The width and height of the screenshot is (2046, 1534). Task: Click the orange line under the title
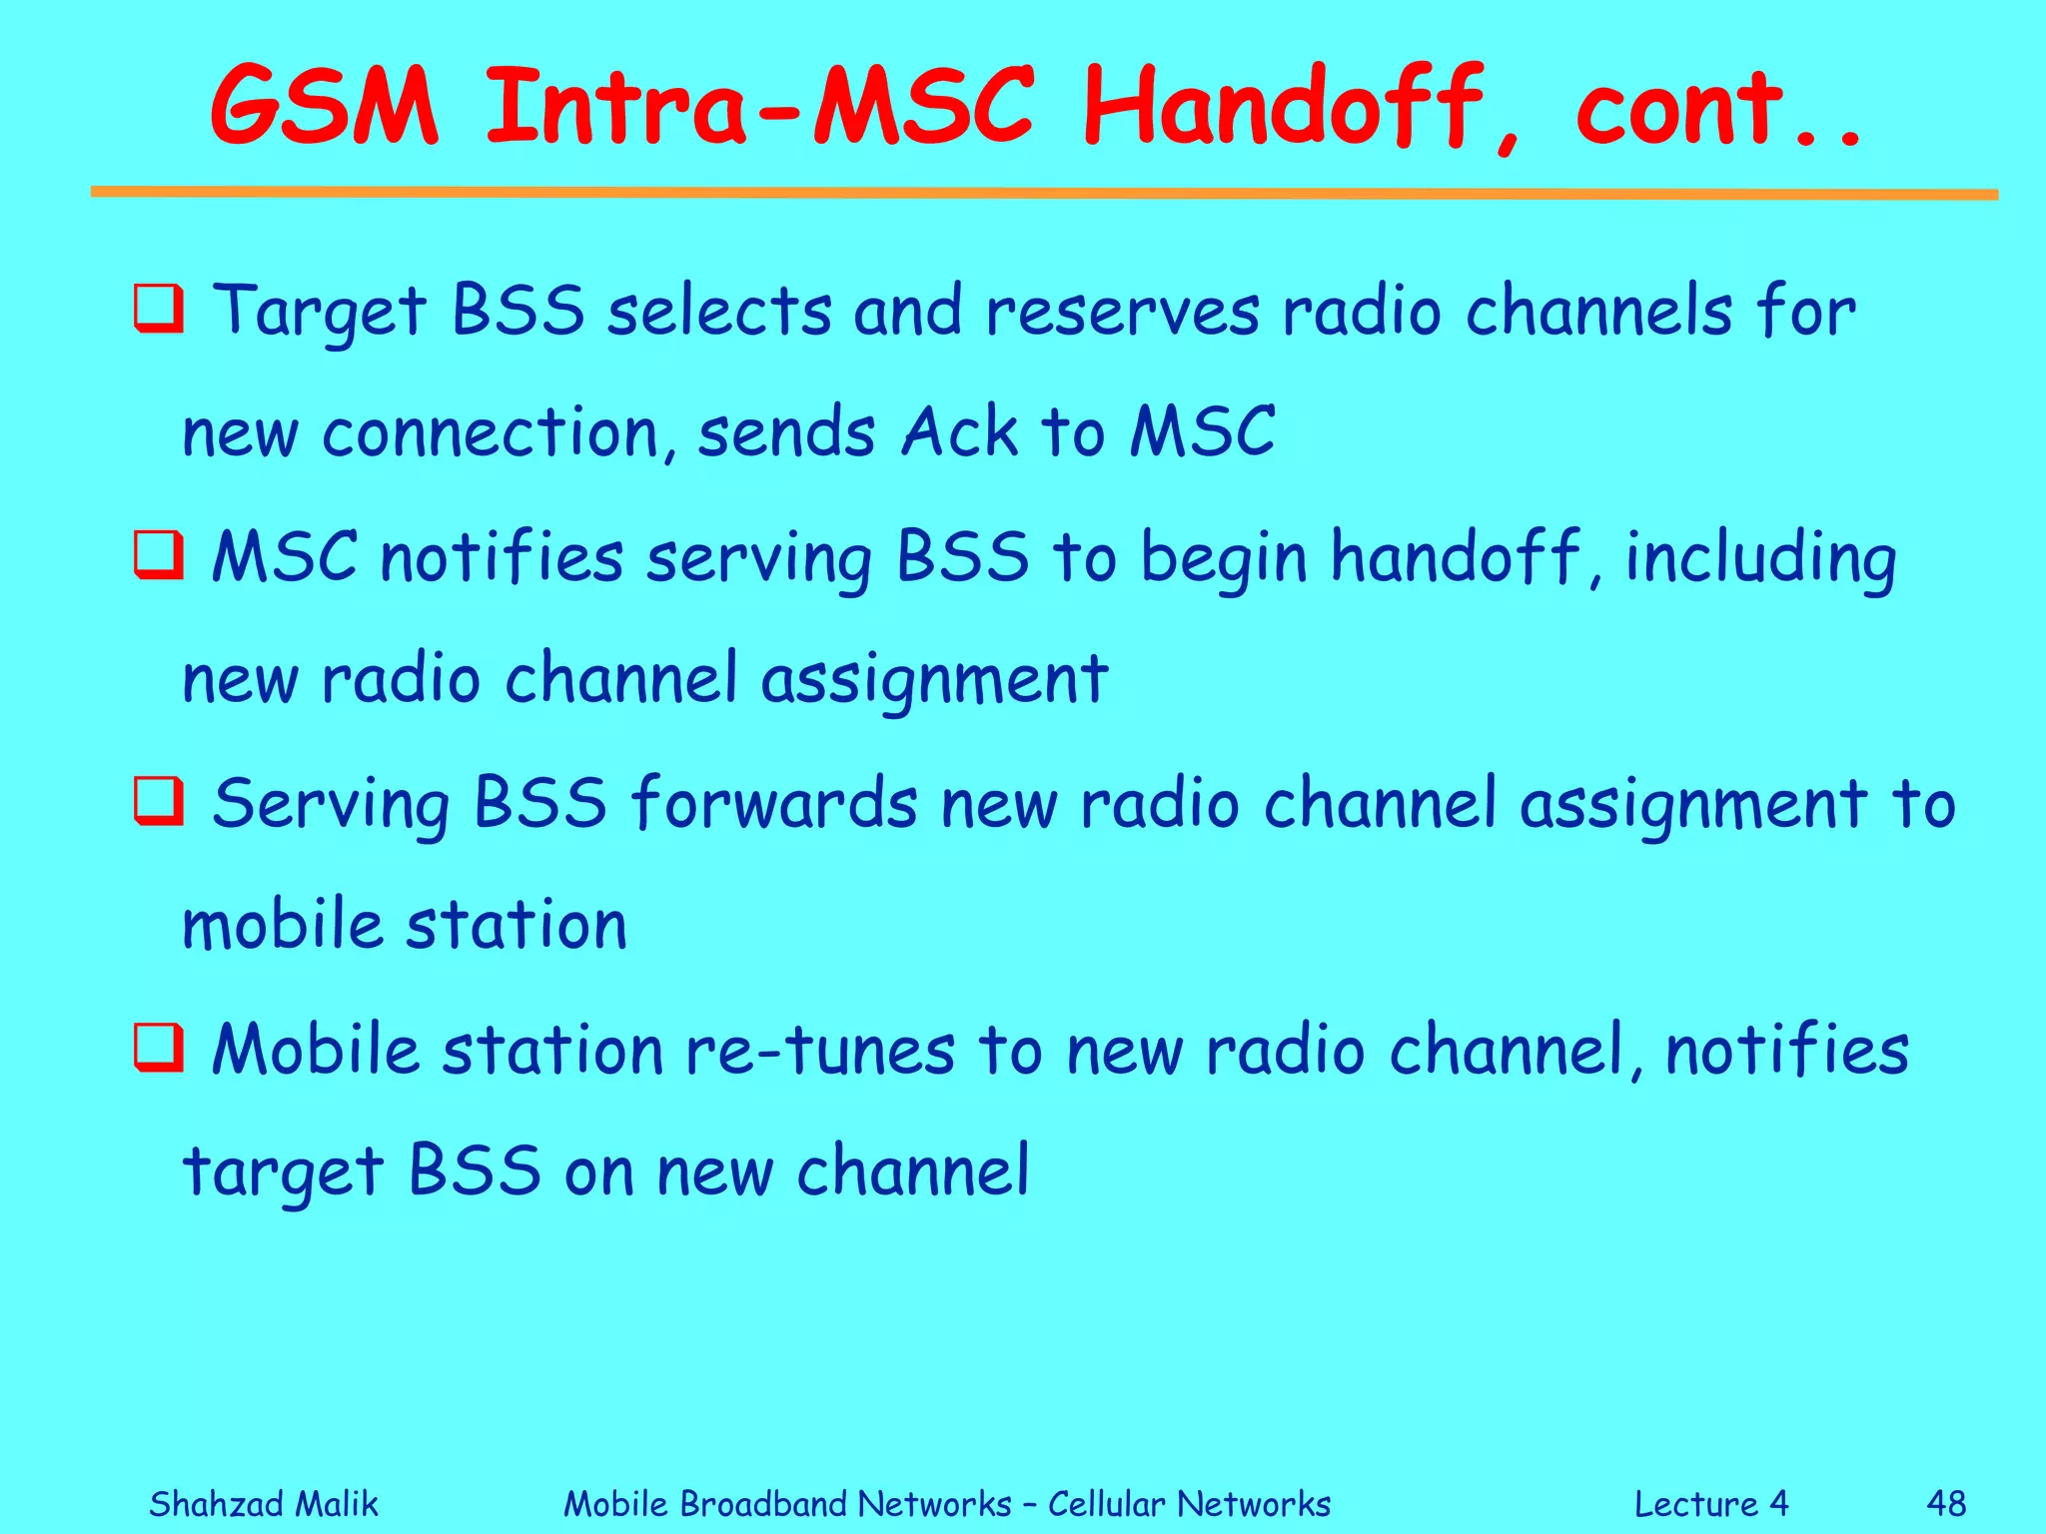point(1044,192)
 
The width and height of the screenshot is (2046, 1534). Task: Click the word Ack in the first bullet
point(959,432)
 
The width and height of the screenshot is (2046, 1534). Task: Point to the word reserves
point(1122,312)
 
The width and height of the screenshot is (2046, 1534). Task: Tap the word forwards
point(773,803)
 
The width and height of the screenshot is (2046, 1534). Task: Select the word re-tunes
point(819,1051)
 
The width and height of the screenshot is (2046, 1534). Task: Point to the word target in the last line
point(283,1172)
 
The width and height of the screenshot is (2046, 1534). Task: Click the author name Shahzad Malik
point(264,1503)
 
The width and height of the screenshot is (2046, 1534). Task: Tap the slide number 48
point(1946,1503)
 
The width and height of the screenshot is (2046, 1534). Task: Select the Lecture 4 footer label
point(1710,1503)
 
